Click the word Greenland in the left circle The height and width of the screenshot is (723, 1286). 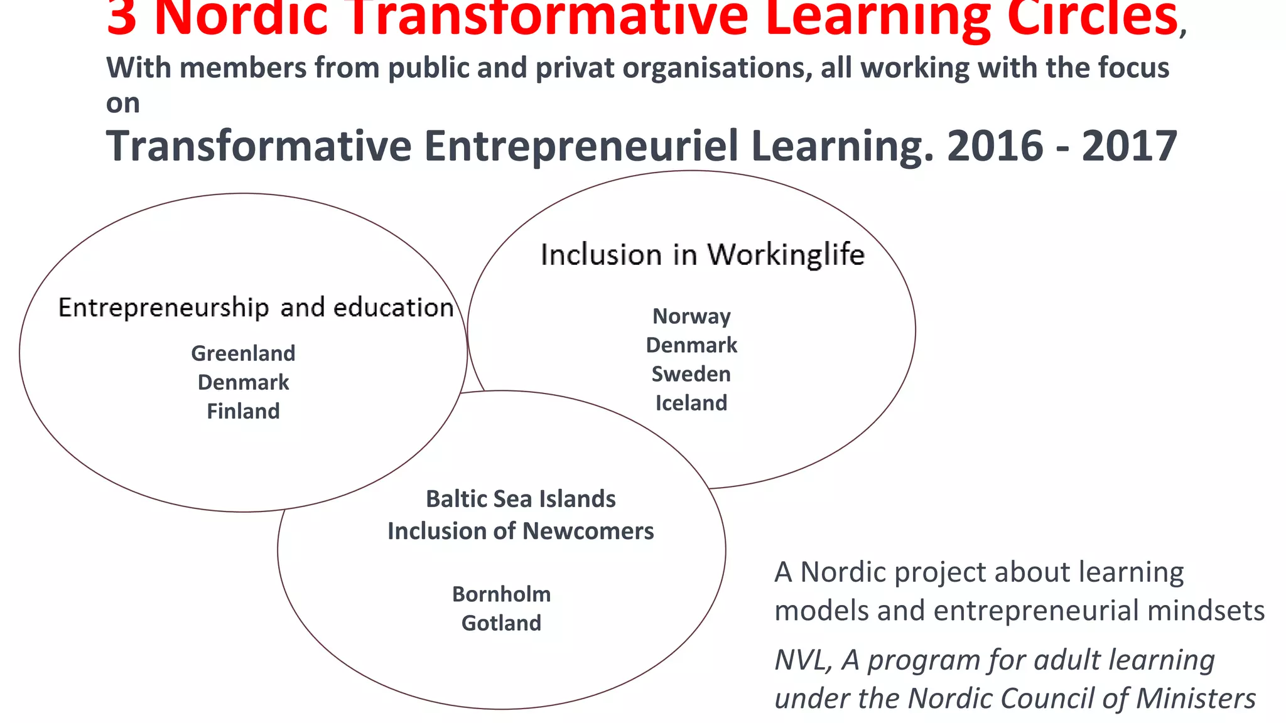243,353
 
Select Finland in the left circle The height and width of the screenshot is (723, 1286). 243,411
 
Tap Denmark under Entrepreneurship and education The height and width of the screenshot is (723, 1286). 243,382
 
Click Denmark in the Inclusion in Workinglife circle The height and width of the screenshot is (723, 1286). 691,345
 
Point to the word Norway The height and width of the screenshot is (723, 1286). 691,316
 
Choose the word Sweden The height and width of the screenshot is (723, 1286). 691,374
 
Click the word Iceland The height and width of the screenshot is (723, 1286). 691,403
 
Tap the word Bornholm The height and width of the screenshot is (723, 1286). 501,594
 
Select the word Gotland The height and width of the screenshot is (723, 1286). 501,623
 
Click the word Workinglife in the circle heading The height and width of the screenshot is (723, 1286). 786,255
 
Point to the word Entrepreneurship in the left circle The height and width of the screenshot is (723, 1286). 163,308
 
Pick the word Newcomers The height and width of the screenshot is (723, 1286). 588,532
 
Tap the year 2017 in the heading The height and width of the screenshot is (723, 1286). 1129,146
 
